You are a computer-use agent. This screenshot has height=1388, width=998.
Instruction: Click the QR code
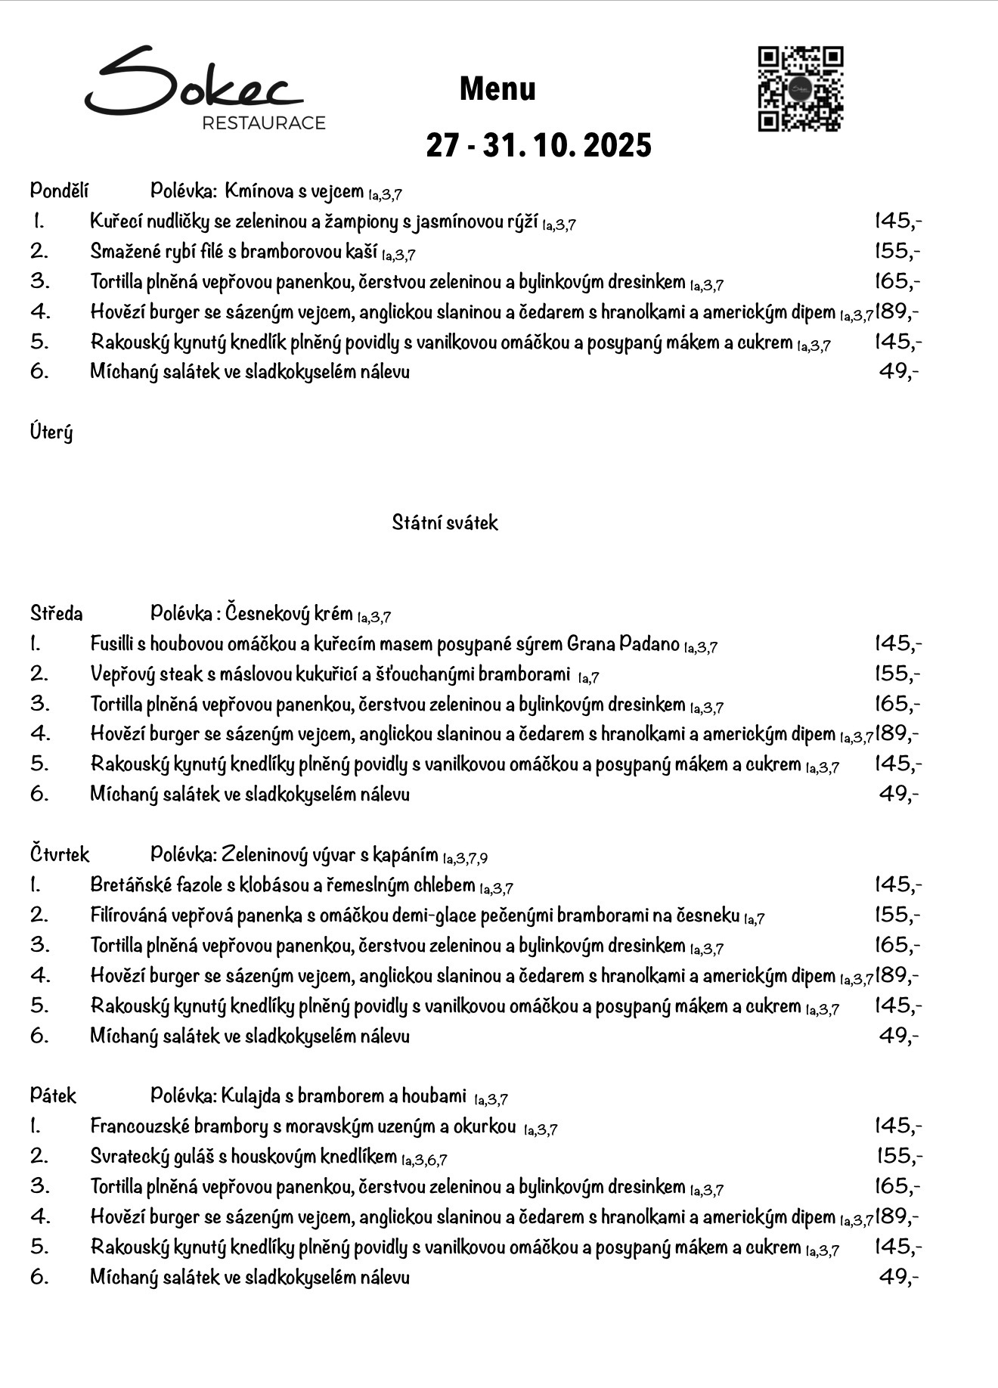tap(801, 89)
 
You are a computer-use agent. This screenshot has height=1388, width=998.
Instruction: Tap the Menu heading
tap(497, 89)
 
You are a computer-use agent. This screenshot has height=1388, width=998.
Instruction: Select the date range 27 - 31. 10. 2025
tap(538, 145)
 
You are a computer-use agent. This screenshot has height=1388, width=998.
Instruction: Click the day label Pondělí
tap(59, 190)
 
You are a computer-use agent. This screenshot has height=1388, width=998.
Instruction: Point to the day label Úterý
tap(51, 432)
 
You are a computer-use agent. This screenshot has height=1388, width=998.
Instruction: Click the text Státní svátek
tap(445, 522)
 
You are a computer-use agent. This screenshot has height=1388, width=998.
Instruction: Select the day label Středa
tap(57, 613)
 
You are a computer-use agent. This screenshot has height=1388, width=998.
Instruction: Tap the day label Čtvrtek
tap(60, 854)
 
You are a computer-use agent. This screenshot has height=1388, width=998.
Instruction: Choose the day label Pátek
tap(53, 1095)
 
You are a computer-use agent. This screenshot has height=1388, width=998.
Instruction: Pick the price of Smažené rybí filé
tap(898, 251)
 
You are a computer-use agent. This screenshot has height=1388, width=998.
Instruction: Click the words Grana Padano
tap(623, 644)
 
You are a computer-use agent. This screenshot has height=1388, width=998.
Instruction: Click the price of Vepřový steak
tap(898, 674)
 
